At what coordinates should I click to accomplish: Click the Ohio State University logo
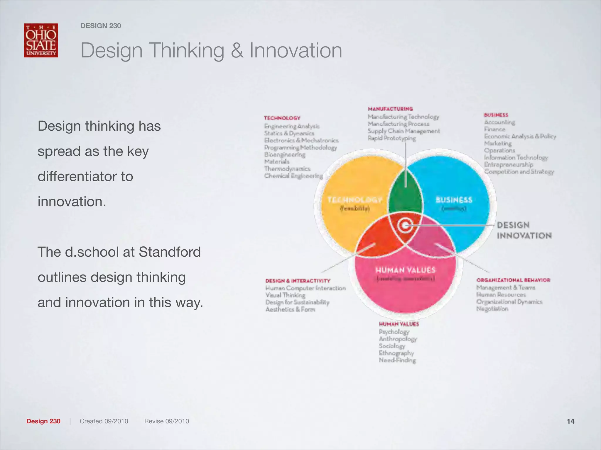point(41,40)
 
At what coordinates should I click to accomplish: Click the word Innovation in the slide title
point(296,50)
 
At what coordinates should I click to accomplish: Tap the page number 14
point(570,421)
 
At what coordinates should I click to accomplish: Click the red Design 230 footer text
point(43,421)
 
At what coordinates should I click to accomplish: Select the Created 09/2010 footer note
point(104,421)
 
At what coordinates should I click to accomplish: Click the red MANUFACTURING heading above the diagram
point(390,109)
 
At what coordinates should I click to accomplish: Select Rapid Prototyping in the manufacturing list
point(392,138)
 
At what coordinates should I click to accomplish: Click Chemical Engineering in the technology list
point(293,176)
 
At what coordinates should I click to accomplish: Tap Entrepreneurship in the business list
point(508,165)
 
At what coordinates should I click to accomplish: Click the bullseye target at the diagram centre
point(405,225)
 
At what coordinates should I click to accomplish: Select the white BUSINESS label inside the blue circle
point(454,200)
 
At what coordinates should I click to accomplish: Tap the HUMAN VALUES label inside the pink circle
point(406,270)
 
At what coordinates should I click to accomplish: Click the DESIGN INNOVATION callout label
point(524,230)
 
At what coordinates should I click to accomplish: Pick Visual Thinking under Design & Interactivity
point(285,295)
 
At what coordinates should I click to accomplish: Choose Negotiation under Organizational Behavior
point(492,309)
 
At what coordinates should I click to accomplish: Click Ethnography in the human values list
point(396,353)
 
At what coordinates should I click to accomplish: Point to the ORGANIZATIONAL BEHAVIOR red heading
point(513,280)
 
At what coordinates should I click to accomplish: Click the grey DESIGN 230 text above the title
point(101,26)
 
